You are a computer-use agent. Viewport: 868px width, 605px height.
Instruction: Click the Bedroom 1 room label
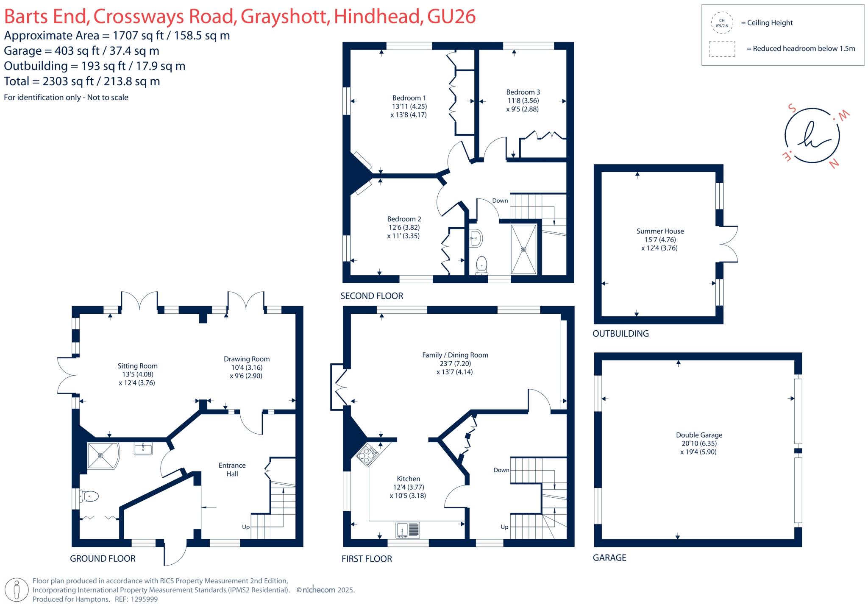coord(409,98)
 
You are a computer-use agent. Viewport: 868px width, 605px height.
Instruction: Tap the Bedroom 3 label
coord(523,92)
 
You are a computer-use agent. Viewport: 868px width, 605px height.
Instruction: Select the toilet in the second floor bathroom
coord(481,265)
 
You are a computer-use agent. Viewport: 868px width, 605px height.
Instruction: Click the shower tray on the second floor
coord(523,249)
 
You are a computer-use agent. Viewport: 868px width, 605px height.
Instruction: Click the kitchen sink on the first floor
coord(407,530)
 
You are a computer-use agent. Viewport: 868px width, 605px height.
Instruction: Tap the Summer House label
coord(659,231)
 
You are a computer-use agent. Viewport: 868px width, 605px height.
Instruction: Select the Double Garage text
coord(698,435)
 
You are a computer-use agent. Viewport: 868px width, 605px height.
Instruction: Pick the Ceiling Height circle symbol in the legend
coord(721,23)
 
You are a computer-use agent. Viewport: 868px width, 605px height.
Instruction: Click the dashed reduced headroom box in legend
coord(721,49)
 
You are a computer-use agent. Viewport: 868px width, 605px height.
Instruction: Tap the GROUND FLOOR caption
coord(103,558)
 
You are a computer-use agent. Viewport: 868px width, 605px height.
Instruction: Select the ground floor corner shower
coord(102,456)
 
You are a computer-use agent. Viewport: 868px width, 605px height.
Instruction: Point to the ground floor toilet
coord(90,496)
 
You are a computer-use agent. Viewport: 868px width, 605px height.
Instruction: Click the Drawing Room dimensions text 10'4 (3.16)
coord(246,367)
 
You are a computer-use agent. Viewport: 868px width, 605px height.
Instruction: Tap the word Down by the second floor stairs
coord(500,201)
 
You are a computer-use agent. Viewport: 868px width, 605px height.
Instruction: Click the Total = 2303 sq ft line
coord(82,81)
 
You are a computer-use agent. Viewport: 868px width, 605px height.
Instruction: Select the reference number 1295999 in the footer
coord(144,599)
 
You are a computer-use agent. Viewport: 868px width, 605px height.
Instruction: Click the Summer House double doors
coord(729,244)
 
